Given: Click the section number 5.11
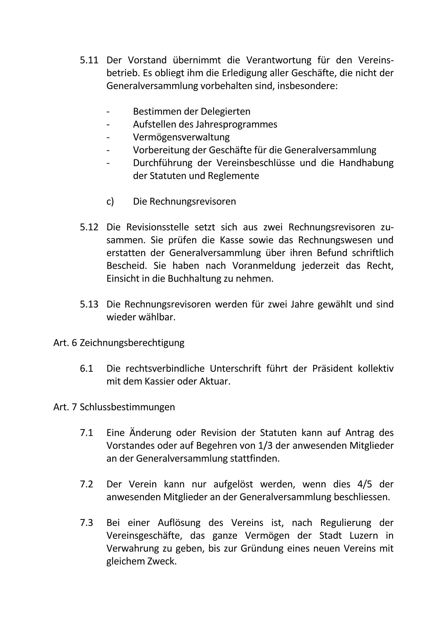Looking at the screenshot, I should (89, 60).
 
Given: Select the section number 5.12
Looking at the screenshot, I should (89, 227).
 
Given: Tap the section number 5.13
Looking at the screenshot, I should (89, 304).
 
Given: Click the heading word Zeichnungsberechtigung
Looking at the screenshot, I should (132, 343).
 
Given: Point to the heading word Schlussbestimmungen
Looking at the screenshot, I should (127, 407).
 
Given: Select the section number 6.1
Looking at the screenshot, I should (86, 369).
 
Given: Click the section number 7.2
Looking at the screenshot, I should (86, 484).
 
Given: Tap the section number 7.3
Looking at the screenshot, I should (86, 523).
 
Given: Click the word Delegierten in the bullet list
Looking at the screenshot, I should (225, 111).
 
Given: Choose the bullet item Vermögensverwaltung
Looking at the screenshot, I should (181, 137).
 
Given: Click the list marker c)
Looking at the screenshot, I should (110, 202).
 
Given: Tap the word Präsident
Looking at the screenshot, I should (332, 369).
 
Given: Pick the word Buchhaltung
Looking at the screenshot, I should (197, 279).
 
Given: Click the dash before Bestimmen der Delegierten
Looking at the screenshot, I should (108, 112).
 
